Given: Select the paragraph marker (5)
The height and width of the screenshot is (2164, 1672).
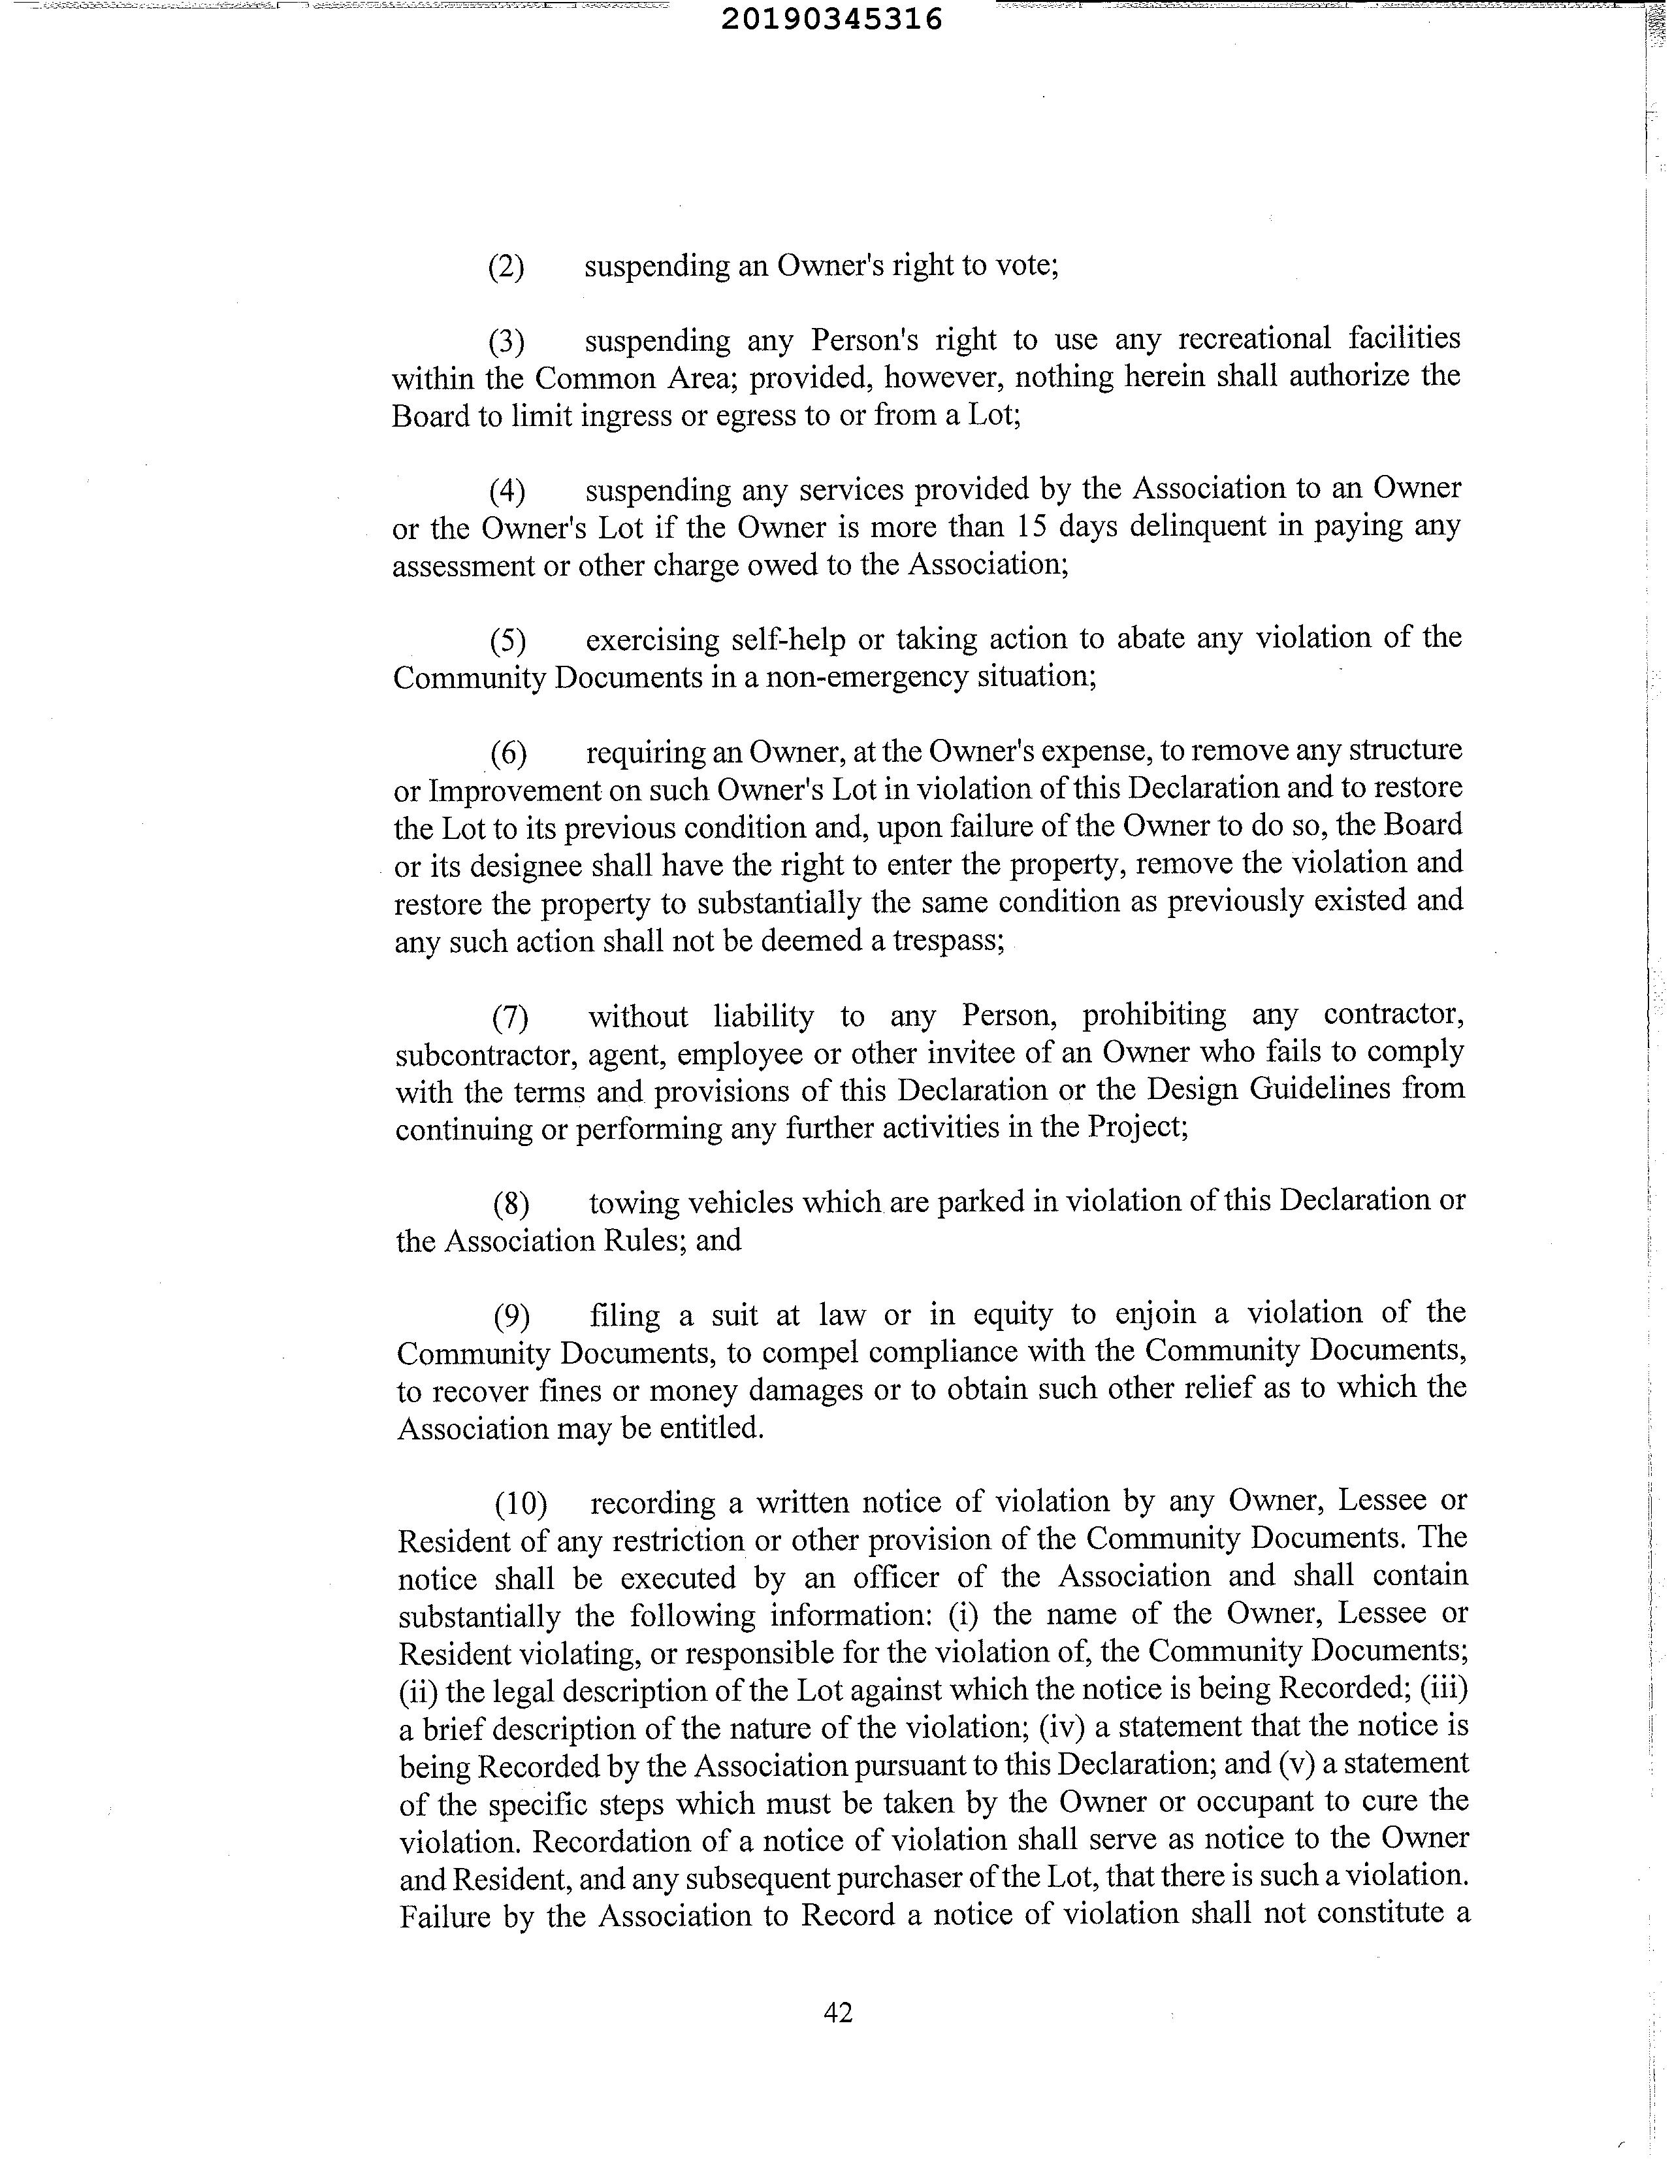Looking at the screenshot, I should coord(508,641).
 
